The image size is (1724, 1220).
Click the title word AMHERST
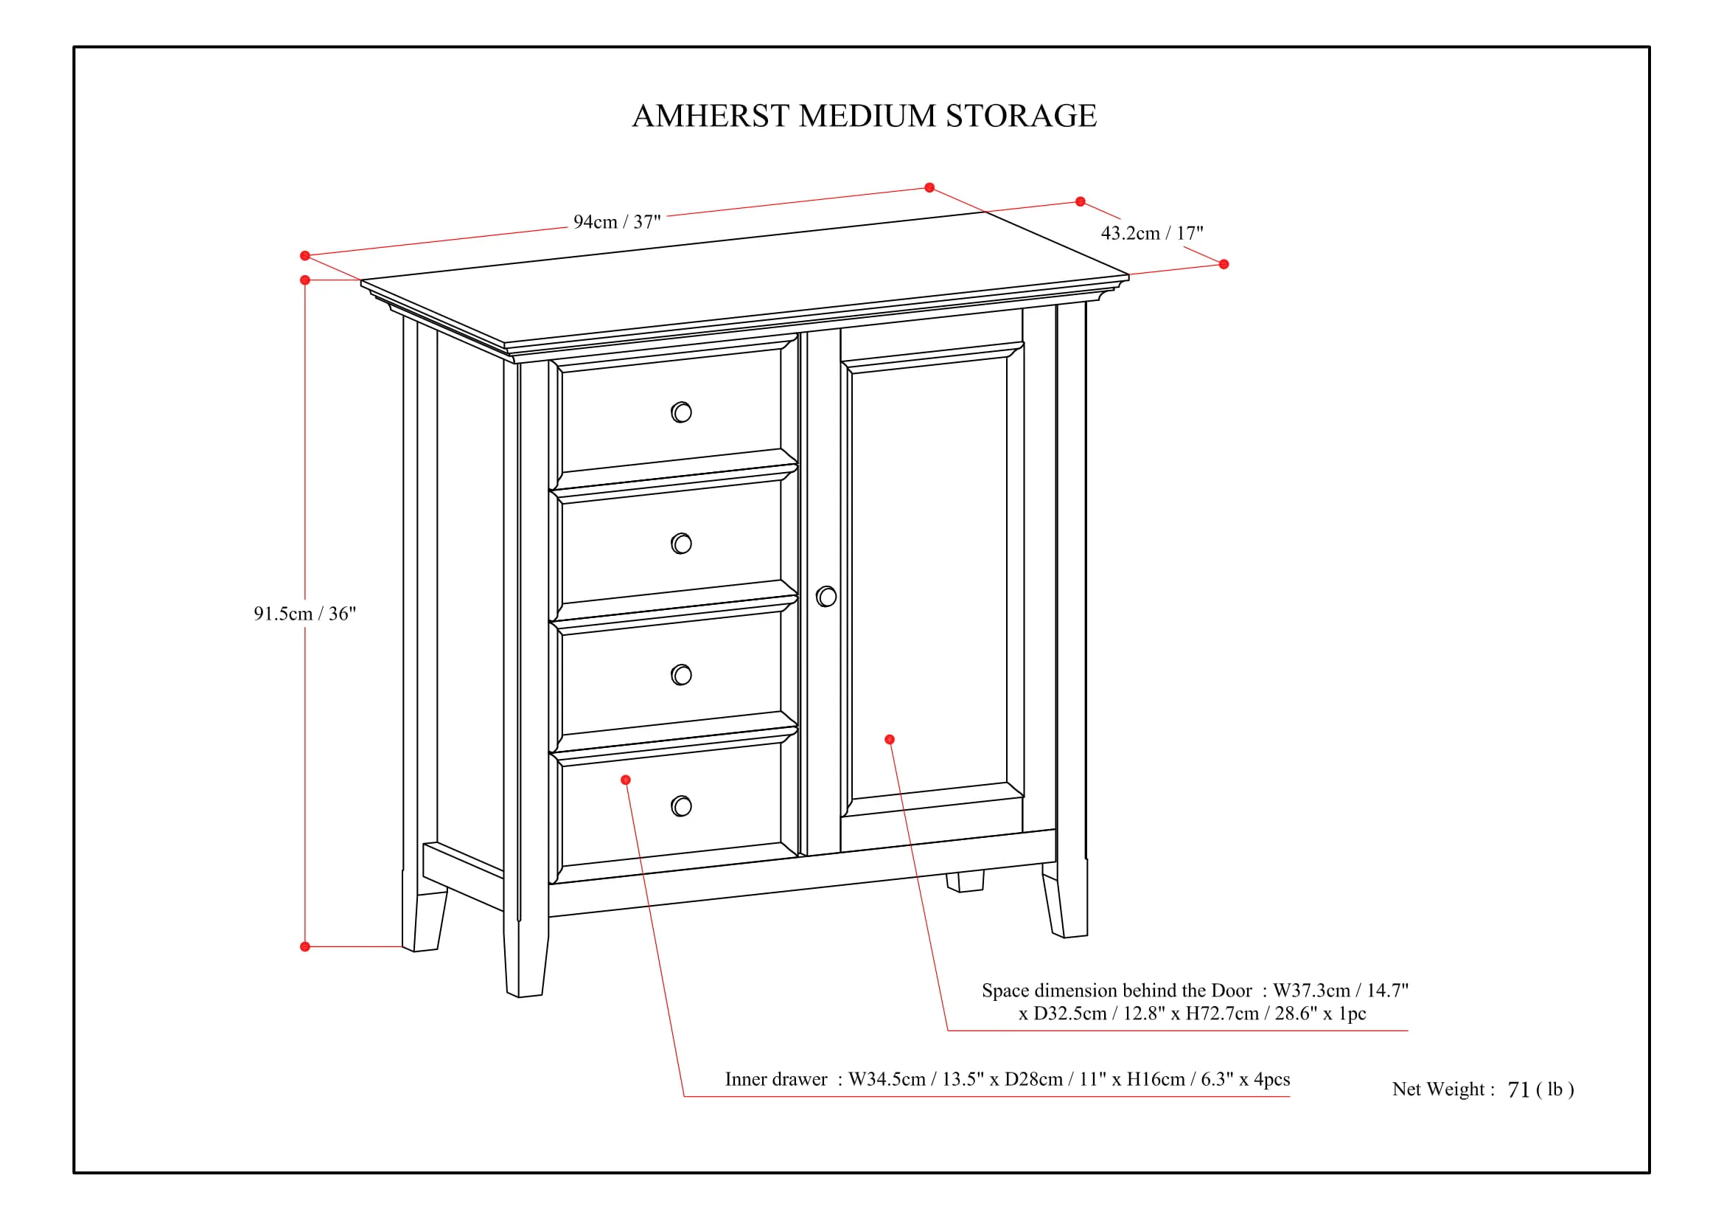click(x=711, y=116)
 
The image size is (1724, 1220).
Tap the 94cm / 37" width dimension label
click(x=616, y=221)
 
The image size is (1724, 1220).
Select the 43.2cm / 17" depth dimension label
click(x=1152, y=233)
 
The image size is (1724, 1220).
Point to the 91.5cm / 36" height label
click(x=305, y=614)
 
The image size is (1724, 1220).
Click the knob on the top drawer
click(x=681, y=412)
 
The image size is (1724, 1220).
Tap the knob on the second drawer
click(x=681, y=543)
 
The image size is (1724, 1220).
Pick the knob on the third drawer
click(x=681, y=675)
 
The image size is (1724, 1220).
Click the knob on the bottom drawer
click(x=681, y=806)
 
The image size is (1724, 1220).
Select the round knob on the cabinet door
click(x=826, y=597)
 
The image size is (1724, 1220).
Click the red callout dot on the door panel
click(x=890, y=740)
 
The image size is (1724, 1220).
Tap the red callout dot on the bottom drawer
click(x=626, y=780)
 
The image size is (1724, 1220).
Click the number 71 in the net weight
click(x=1518, y=1090)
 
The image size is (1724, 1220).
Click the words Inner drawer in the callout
click(x=775, y=1080)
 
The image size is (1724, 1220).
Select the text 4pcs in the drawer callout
click(x=1272, y=1081)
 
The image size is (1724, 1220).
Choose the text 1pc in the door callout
click(x=1353, y=1014)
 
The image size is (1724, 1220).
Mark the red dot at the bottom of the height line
click(x=305, y=946)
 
